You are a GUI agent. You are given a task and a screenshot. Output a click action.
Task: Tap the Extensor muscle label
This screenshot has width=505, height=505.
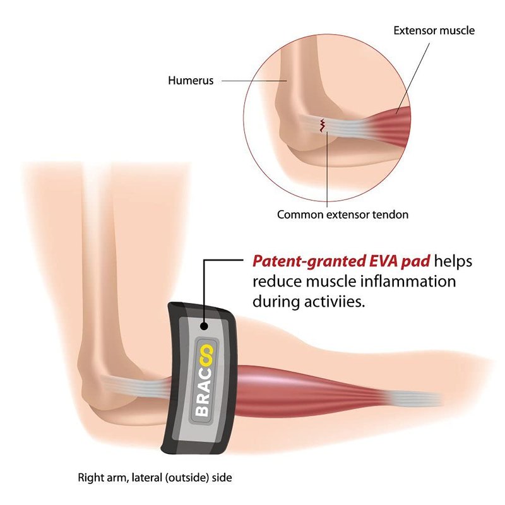pyautogui.click(x=434, y=30)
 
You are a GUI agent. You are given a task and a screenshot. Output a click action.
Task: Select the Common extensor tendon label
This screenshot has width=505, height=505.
pyautogui.click(x=343, y=215)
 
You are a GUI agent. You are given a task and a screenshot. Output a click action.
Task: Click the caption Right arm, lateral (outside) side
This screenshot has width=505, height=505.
pyautogui.click(x=155, y=477)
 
